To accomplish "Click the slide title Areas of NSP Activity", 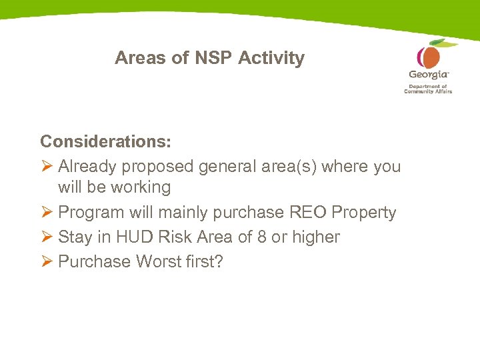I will point(209,58).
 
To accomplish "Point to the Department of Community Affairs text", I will point(428,89).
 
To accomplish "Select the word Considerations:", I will point(105,141).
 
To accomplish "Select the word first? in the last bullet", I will point(206,261).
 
